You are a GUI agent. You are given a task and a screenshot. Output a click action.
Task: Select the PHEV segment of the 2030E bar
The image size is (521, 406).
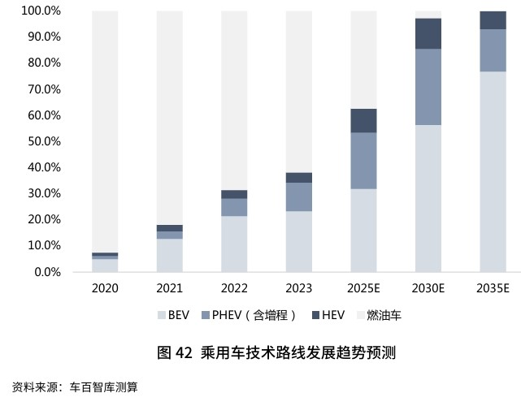click(428, 87)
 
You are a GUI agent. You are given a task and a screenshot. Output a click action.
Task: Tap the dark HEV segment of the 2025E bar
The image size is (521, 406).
click(363, 120)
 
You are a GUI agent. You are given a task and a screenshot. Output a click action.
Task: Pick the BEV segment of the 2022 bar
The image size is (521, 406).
click(234, 244)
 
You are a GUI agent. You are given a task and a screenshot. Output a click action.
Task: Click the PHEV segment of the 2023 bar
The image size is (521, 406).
click(299, 197)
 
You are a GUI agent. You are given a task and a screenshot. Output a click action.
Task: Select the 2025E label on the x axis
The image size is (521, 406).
click(363, 288)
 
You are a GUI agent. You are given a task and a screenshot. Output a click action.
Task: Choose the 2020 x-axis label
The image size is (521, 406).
click(105, 288)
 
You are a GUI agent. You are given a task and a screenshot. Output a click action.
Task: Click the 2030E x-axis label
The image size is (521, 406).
click(428, 288)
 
